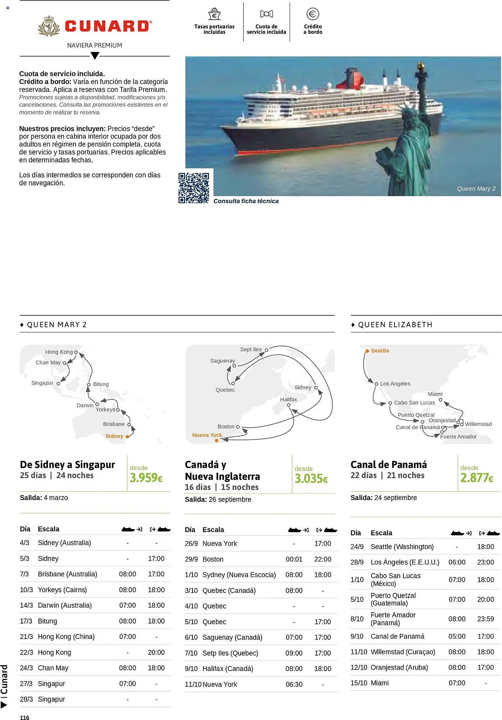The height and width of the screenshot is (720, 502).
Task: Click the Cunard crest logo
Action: (49, 26)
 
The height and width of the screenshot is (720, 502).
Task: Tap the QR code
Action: (194, 188)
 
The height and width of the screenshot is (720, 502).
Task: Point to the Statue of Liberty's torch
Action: (420, 66)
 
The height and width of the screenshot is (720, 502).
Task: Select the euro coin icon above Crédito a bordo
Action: (312, 14)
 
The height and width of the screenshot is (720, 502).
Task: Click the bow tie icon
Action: (266, 14)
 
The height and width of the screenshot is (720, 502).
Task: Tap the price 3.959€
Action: (146, 478)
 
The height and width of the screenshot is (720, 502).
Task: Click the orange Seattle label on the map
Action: (380, 351)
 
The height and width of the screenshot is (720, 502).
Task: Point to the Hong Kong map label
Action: (59, 352)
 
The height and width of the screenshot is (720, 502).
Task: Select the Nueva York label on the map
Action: (207, 435)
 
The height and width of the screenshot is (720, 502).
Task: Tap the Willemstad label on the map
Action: (478, 424)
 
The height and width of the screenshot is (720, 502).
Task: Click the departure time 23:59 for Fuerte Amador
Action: (485, 619)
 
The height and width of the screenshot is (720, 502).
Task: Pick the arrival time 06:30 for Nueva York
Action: (294, 684)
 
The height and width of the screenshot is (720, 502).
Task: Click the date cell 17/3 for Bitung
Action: (26, 621)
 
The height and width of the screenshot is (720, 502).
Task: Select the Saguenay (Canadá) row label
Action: (232, 637)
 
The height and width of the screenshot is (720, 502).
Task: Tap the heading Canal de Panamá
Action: (389, 464)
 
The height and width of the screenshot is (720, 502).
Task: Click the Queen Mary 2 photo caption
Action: (476, 189)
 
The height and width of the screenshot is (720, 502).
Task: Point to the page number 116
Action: (24, 717)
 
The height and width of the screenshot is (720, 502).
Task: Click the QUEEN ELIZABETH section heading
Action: (395, 325)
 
